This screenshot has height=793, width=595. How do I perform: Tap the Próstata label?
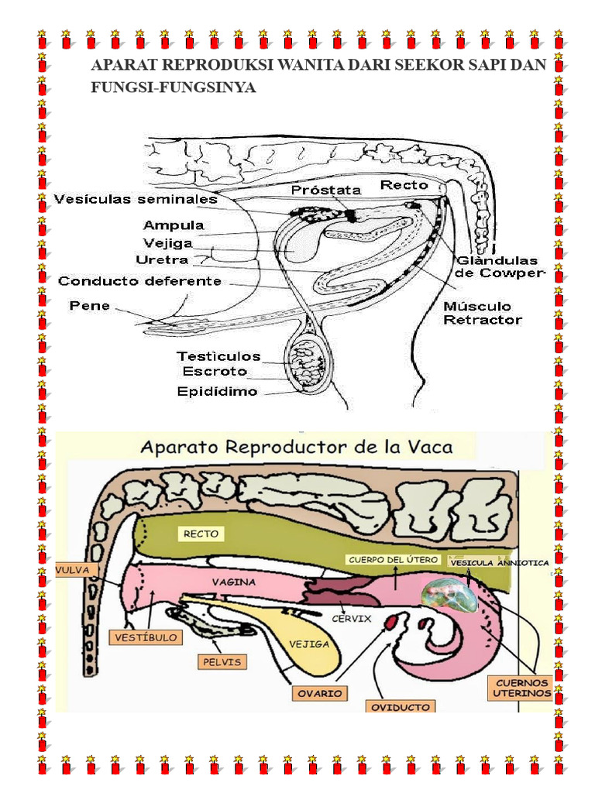pos(326,191)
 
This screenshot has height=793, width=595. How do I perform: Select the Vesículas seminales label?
pos(136,199)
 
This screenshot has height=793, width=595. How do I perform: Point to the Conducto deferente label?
pos(139,281)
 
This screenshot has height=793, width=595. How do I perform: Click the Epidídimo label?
pos(217,391)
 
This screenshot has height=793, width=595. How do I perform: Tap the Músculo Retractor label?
pos(483,313)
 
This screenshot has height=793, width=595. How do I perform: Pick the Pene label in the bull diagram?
pos(90,306)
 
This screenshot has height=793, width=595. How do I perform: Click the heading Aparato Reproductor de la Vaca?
pos(297,447)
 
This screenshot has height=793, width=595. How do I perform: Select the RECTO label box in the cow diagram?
pos(201,534)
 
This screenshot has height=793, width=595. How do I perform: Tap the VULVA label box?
pos(74,570)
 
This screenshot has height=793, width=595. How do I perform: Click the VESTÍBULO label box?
pos(146,637)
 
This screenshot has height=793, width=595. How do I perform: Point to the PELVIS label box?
pos(222,662)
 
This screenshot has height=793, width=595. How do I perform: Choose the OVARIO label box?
pos(320,693)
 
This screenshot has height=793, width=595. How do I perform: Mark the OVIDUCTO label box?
pos(401,706)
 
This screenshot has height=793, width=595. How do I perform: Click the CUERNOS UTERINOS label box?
pos(521,688)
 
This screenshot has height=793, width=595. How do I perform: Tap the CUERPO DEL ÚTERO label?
pos(393,560)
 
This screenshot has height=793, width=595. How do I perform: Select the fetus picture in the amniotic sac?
pos(449,595)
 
